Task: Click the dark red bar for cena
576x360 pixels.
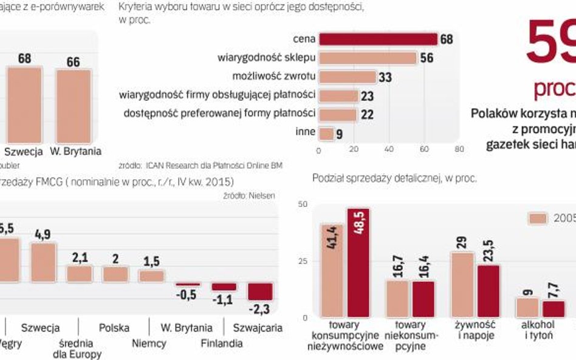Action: [x=378, y=39]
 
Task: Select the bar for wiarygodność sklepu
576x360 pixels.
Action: [x=368, y=58]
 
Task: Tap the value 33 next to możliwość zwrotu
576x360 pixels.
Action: [x=385, y=77]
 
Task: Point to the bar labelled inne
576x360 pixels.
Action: [x=326, y=134]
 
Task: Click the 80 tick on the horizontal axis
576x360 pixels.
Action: [x=459, y=149]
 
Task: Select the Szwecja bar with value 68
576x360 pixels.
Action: [x=25, y=104]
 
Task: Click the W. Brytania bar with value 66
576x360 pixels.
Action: [x=74, y=106]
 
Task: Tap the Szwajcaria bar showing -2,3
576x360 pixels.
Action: [x=260, y=291]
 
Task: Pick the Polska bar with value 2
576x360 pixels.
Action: [x=115, y=274]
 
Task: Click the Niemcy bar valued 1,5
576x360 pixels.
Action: [x=151, y=276]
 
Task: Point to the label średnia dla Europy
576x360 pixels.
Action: [x=84, y=347]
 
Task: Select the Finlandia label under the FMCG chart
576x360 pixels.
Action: [x=222, y=343]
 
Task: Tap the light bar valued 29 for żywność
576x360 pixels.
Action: [x=463, y=284]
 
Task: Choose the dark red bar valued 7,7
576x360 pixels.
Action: [x=554, y=308]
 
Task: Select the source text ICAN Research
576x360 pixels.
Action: [x=176, y=165]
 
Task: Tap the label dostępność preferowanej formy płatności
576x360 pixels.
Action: [x=219, y=113]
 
